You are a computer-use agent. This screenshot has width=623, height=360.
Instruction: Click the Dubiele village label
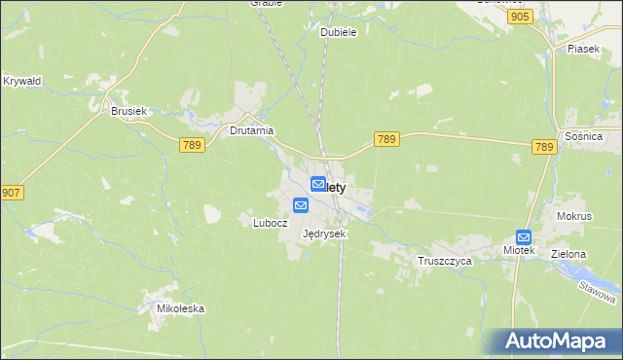(339, 32)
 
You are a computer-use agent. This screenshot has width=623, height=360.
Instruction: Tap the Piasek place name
(583, 49)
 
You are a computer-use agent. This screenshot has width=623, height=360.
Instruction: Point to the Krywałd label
(21, 81)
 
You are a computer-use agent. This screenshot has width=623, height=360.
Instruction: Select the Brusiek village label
(128, 112)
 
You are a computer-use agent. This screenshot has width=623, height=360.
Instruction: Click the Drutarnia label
(251, 129)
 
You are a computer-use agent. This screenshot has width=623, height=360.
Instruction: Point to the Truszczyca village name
(444, 262)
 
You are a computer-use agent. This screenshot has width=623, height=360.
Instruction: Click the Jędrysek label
(324, 234)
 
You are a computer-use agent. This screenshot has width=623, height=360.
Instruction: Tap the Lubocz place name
(271, 222)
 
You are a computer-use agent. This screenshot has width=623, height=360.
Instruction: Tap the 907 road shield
(12, 193)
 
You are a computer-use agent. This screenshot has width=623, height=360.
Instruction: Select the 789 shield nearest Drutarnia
(192, 145)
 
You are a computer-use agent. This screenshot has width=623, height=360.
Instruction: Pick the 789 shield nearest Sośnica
(544, 147)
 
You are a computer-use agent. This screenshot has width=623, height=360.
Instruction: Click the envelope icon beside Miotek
(524, 235)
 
